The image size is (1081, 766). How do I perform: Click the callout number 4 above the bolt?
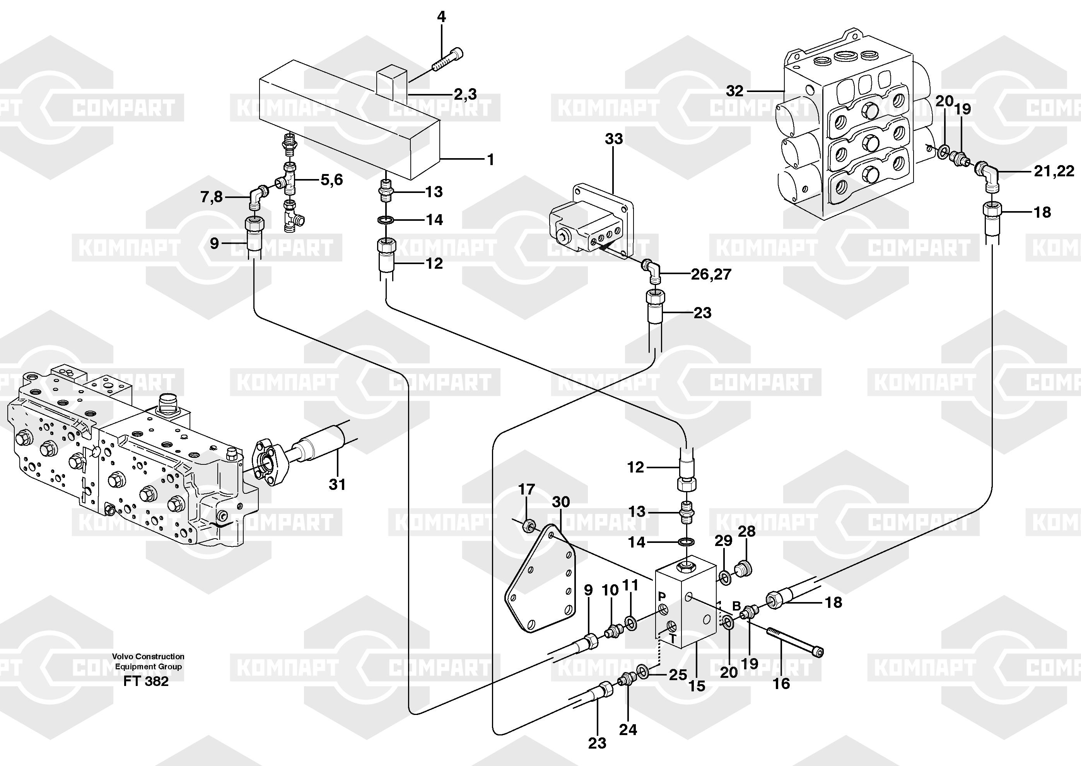coord(441,17)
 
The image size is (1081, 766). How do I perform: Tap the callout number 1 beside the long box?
coord(490,160)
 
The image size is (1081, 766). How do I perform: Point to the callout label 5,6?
coord(331,180)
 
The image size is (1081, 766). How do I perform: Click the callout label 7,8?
coord(211,197)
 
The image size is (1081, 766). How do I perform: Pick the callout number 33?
coord(614,139)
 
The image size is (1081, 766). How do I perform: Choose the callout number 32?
coord(734,90)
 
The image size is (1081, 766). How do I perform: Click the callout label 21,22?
coord(1054,171)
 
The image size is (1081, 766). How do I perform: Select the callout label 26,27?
coord(711,274)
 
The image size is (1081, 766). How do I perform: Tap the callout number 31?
coord(337,485)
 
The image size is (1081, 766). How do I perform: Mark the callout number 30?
coord(561,502)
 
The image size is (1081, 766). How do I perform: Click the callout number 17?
coord(526,490)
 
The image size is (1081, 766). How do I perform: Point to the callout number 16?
coord(781,684)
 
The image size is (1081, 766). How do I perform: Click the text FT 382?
coord(146,682)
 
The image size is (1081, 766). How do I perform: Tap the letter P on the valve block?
coord(662,597)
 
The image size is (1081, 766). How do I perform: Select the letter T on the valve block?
coord(673,639)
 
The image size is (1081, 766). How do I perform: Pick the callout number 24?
coord(628,730)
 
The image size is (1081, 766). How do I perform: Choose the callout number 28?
coord(746,532)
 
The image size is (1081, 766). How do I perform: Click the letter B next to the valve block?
coord(736,606)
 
